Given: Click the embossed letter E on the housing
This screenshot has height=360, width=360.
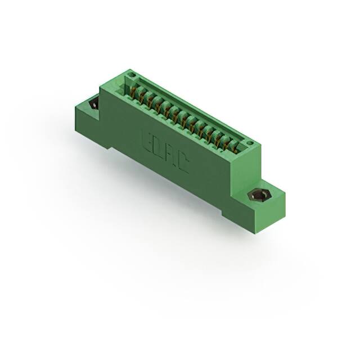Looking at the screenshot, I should (x=145, y=139).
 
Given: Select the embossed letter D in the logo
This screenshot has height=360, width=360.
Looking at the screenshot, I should (x=156, y=147).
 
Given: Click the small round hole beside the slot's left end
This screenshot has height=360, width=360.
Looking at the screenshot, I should (x=131, y=75).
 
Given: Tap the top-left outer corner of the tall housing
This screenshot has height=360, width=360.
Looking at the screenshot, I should (x=100, y=85).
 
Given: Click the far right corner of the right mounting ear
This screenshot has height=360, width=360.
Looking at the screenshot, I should (x=285, y=195).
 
